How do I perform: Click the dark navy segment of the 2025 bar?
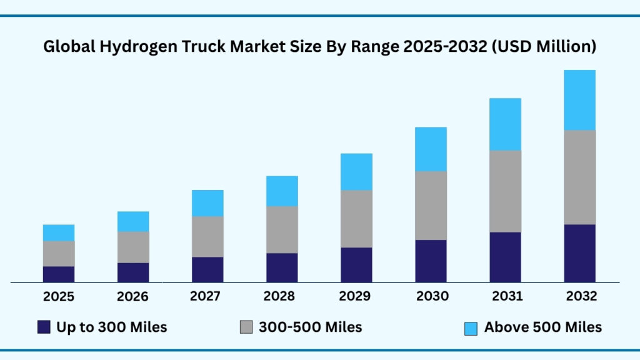(x=59, y=274)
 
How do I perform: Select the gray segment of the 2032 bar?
(x=579, y=177)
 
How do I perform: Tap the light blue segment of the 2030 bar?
(x=431, y=149)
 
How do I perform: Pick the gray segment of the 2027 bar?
(x=207, y=236)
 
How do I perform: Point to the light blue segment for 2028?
(x=282, y=191)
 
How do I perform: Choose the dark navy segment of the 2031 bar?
(x=505, y=257)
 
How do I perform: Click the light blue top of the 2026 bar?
(x=133, y=221)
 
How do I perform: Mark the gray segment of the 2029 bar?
(x=356, y=219)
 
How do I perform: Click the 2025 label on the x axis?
(x=59, y=296)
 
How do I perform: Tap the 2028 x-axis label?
(x=282, y=296)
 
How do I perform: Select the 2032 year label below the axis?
(x=579, y=296)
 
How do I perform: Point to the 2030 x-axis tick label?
(x=431, y=296)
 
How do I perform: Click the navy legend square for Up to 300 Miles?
(x=44, y=327)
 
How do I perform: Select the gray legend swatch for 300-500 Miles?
(x=246, y=327)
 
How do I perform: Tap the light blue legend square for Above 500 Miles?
(x=471, y=327)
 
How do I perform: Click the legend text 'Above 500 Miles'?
(x=543, y=327)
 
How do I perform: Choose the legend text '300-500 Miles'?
(x=310, y=327)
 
